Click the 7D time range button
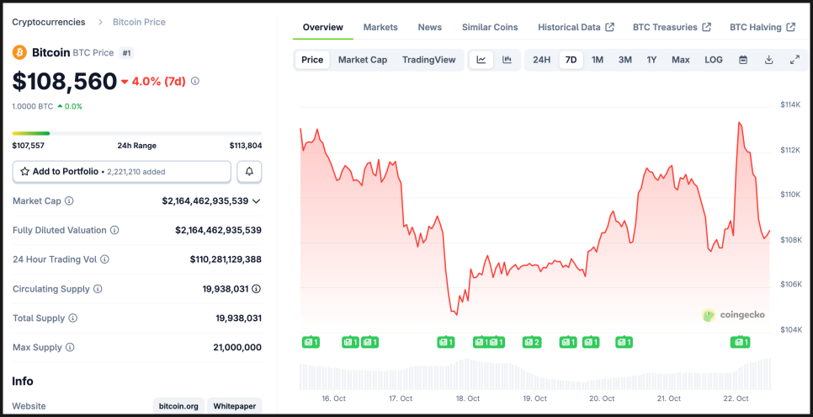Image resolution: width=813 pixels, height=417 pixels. (571, 60)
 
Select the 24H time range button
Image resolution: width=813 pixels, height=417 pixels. (541, 60)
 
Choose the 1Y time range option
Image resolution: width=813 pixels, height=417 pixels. (651, 60)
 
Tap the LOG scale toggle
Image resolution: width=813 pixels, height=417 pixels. (713, 60)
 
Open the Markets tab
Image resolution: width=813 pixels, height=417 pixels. (380, 27)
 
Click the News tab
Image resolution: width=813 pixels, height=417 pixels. (429, 27)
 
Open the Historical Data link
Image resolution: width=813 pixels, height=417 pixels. (576, 27)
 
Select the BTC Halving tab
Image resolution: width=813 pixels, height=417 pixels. (762, 27)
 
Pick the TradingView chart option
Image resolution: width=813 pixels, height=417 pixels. (428, 60)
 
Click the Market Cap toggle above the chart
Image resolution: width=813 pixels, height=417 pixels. (363, 60)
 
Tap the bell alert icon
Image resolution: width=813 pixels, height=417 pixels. (249, 172)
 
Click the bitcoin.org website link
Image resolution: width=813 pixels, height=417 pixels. (178, 406)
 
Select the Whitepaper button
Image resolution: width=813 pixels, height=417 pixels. (234, 406)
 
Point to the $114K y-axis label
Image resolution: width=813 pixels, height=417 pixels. (791, 104)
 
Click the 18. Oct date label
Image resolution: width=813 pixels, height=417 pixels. (467, 398)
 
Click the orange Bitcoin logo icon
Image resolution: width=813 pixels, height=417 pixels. (19, 52)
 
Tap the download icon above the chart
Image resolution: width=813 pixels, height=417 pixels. (768, 60)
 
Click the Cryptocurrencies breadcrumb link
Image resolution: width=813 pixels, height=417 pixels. (48, 22)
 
